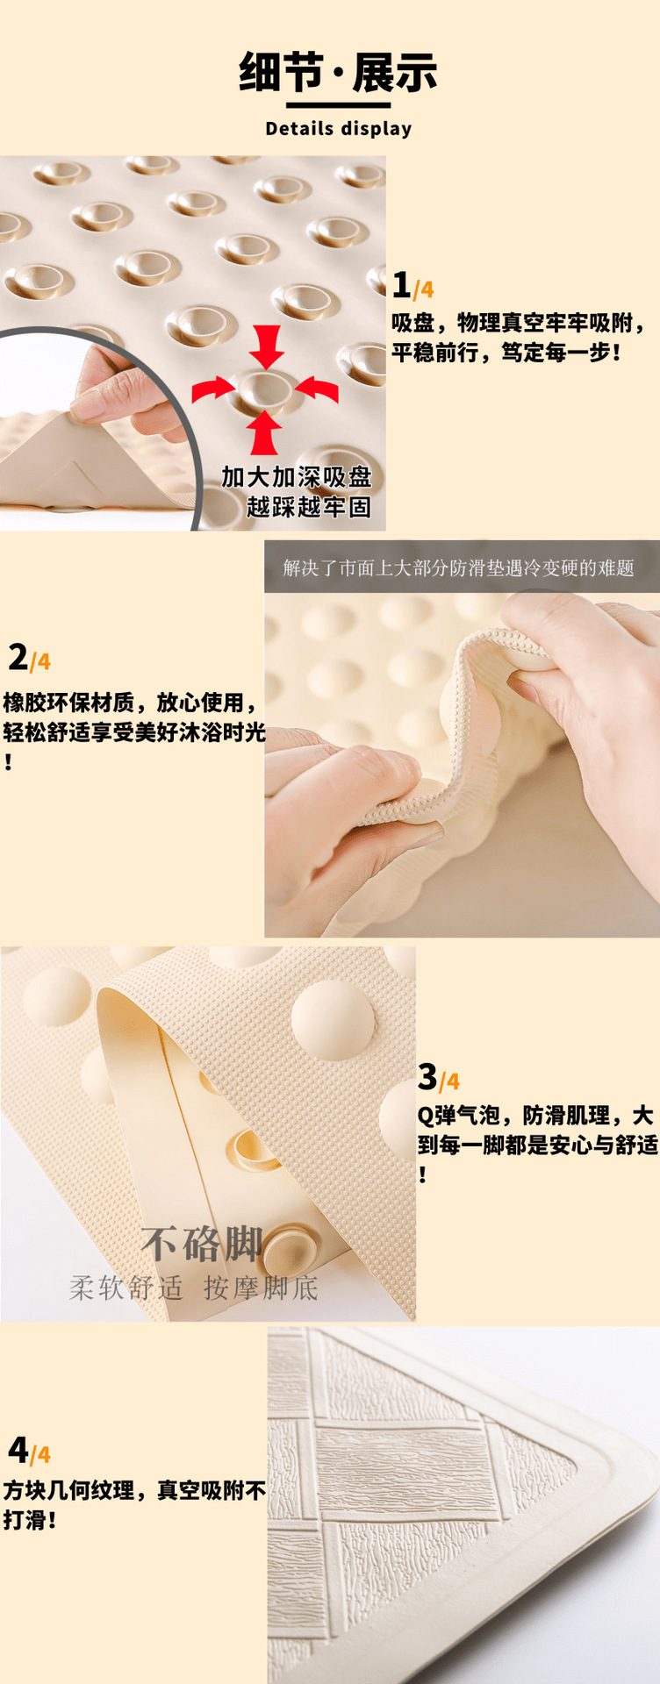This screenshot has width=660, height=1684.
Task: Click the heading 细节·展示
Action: click(338, 72)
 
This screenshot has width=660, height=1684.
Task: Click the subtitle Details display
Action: click(338, 129)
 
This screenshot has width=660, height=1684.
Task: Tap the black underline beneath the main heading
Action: click(338, 105)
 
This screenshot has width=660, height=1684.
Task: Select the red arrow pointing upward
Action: click(264, 432)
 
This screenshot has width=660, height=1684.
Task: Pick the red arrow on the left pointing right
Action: click(213, 389)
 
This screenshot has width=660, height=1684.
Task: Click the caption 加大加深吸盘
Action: click(297, 477)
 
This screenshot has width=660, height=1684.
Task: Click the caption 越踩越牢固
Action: click(308, 507)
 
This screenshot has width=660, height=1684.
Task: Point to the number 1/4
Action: click(412, 286)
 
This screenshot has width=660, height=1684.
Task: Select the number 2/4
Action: click(29, 658)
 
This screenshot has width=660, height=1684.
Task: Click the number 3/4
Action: click(438, 1077)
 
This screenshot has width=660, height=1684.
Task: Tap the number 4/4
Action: click(29, 1451)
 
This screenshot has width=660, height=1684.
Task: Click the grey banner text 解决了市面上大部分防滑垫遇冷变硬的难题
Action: click(458, 568)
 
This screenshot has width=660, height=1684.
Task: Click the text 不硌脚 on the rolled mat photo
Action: click(201, 1244)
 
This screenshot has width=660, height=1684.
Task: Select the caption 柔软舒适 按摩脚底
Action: click(194, 1288)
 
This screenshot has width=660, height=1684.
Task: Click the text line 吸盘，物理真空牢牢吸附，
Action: click(519, 323)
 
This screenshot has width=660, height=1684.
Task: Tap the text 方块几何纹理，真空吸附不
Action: click(134, 1490)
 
